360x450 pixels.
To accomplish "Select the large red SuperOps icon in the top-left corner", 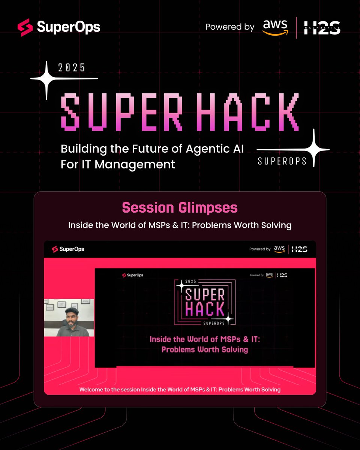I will coord(25,28).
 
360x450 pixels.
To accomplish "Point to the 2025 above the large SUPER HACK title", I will coord(72,68).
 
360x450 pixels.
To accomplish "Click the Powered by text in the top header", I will coord(229,27).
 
